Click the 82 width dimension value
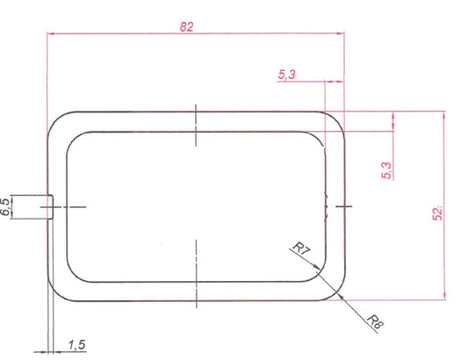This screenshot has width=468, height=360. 186,26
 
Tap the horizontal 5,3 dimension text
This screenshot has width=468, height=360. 287,76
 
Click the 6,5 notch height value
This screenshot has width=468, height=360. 6,206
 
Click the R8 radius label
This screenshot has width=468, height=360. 372,320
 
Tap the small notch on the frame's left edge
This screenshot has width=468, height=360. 52,205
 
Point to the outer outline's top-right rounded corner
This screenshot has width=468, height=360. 335,121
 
